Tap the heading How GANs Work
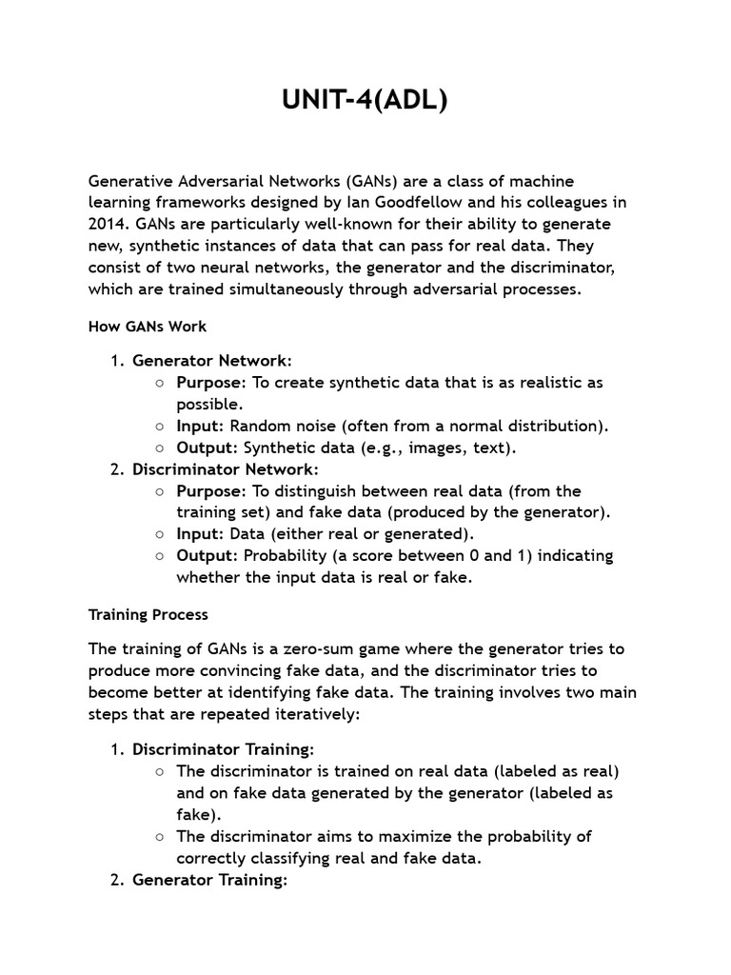pos(148,326)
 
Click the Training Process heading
pos(148,614)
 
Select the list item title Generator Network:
pos(212,361)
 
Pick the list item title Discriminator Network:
pos(226,469)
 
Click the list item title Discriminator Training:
pos(223,749)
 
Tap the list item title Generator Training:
pos(209,880)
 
